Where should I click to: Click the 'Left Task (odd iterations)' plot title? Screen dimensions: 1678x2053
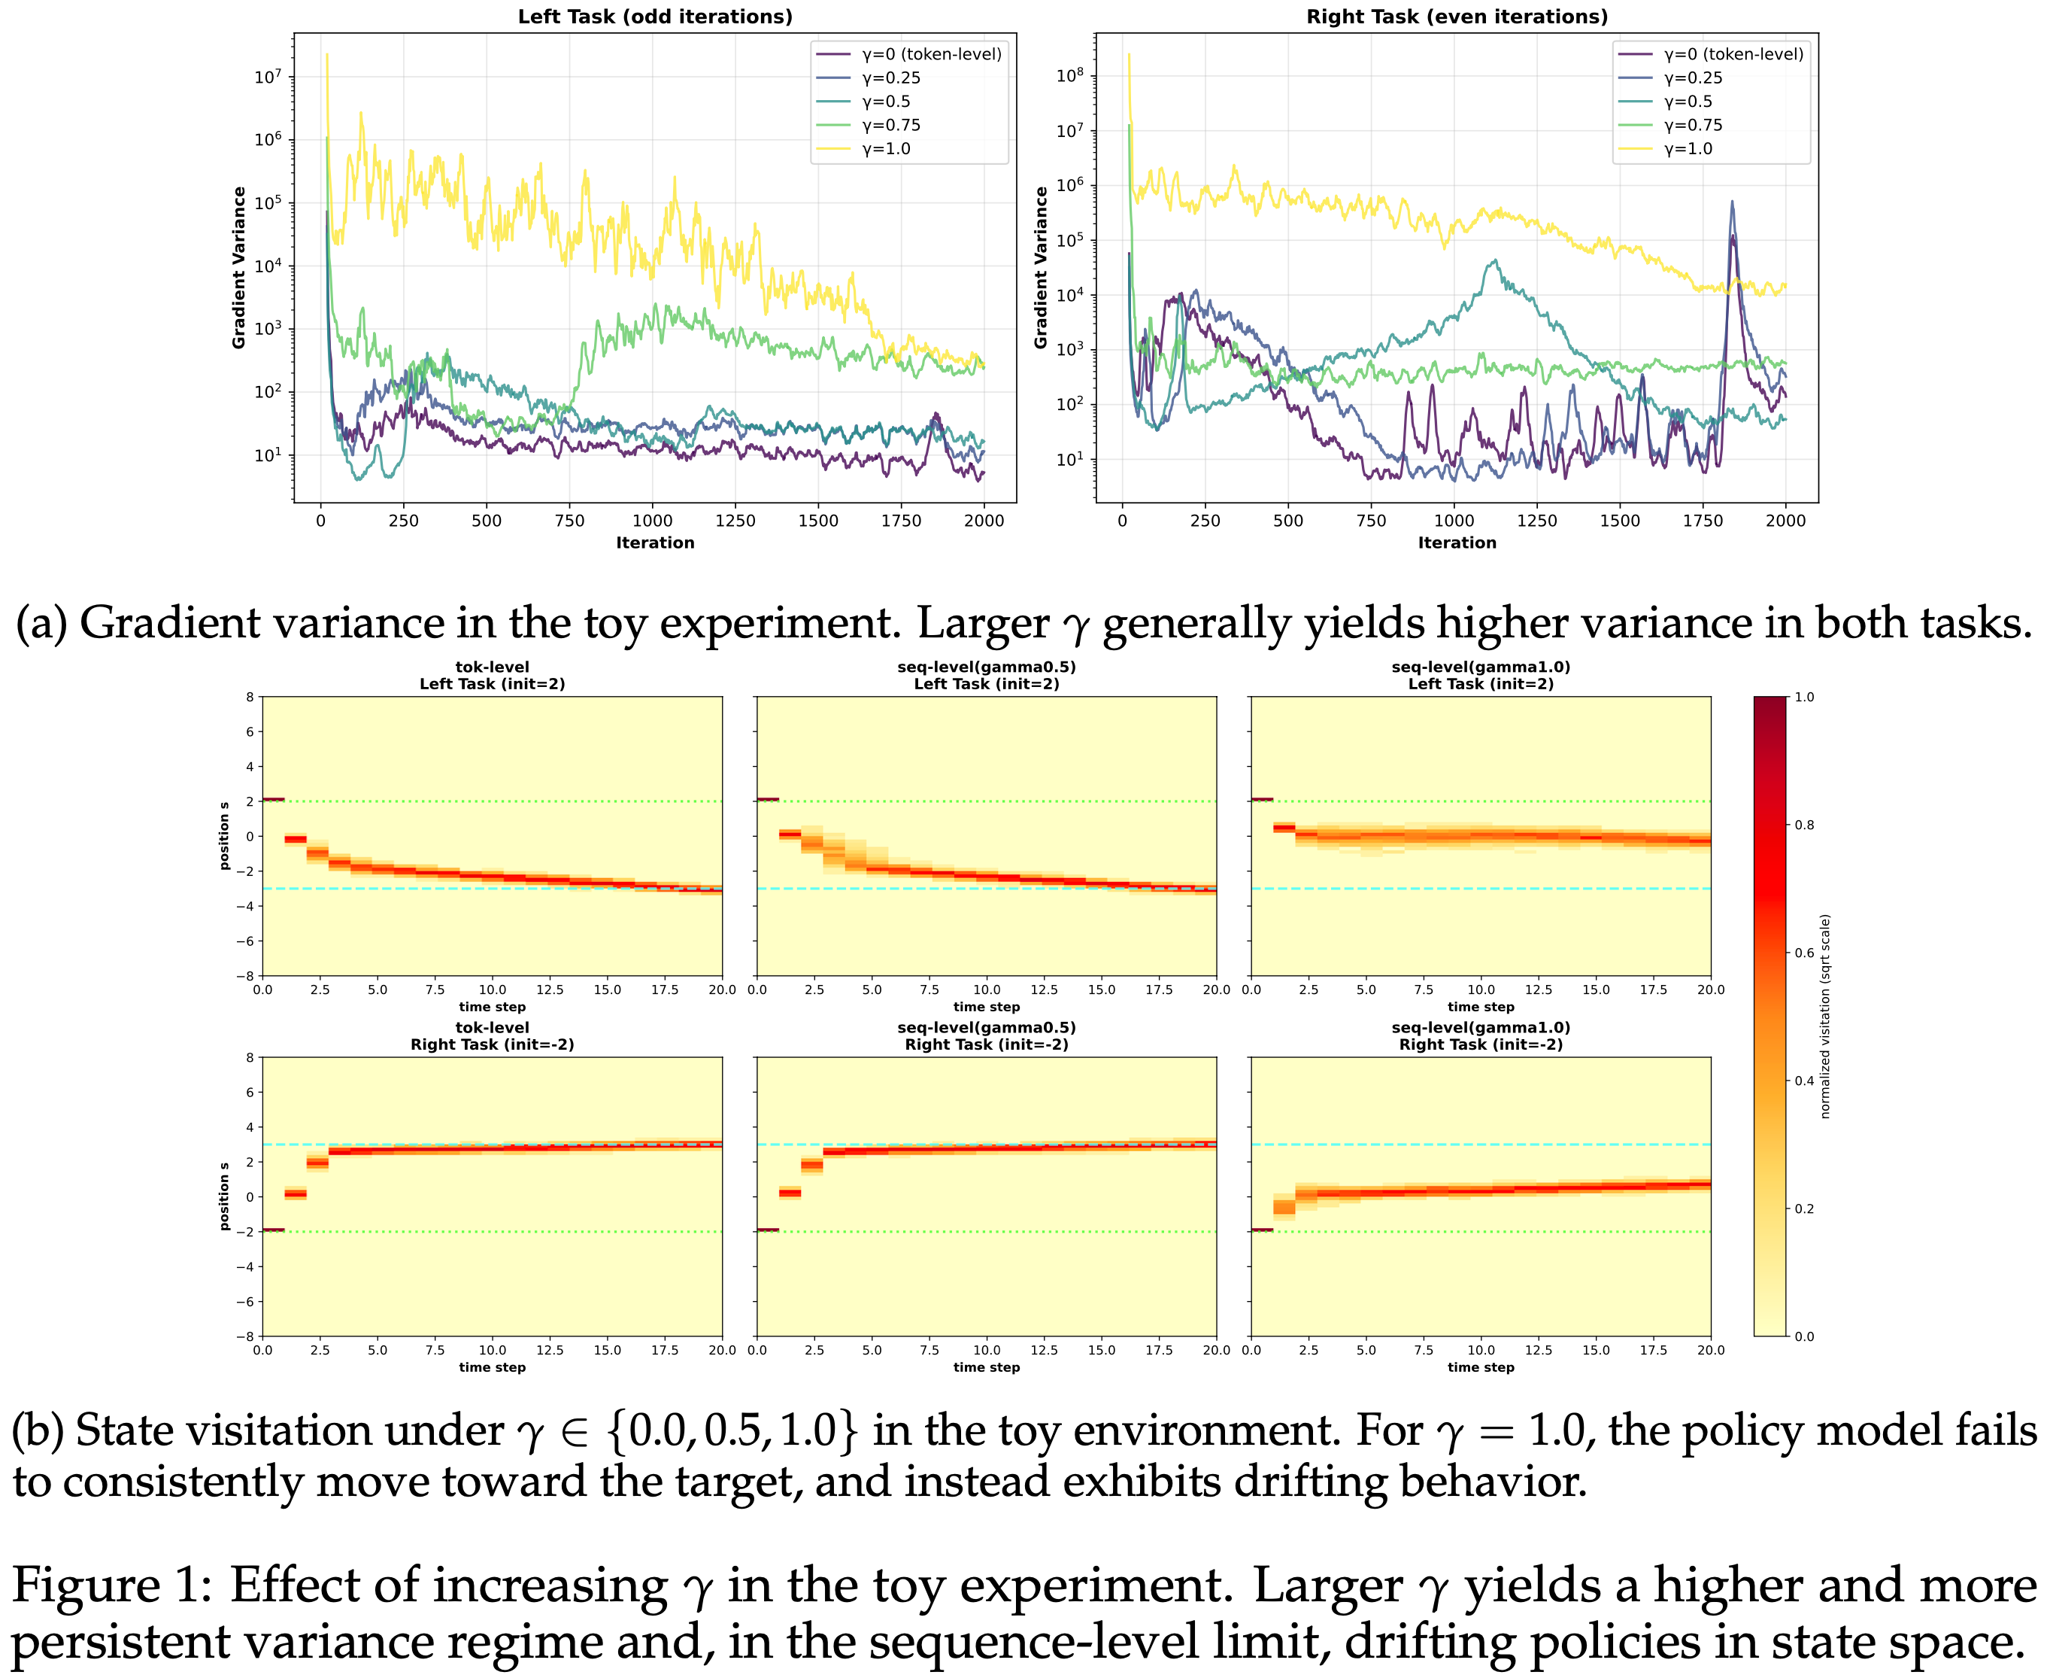654,17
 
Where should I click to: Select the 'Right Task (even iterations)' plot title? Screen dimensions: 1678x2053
1456,17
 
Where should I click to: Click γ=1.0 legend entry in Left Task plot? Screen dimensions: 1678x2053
885,149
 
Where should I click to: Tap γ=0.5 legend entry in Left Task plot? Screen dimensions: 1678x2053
885,102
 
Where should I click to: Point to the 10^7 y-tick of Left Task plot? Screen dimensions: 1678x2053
268,78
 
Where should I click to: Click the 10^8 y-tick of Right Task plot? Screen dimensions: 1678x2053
1069,75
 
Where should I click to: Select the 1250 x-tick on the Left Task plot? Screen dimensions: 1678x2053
735,521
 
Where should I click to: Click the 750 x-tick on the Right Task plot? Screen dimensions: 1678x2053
1371,521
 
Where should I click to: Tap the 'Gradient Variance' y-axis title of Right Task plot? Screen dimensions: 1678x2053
1041,268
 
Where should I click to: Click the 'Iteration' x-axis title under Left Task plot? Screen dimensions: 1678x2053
655,543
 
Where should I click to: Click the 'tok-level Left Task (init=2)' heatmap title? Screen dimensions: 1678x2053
492,676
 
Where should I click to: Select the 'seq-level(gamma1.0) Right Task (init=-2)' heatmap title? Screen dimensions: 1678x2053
1480,1035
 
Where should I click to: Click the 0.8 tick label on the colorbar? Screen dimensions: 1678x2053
1804,825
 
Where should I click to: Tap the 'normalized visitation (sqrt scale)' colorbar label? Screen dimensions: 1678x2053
1825,1016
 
